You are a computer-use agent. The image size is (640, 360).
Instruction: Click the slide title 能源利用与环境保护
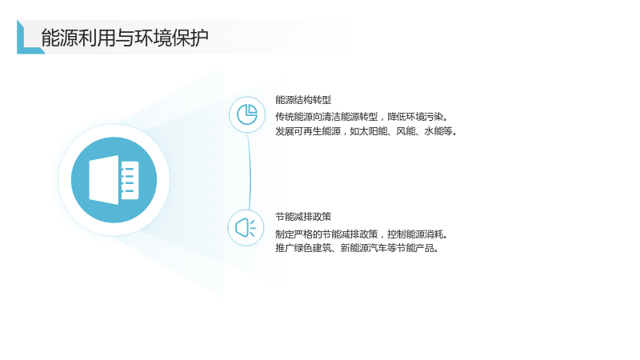[125, 38]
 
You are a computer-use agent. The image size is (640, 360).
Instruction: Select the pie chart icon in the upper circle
[247, 114]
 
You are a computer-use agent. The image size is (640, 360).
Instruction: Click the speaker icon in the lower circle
[246, 227]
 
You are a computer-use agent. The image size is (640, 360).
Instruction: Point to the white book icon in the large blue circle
[114, 179]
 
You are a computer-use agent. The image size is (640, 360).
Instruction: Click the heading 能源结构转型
[303, 99]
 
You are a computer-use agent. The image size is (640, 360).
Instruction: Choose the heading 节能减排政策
[303, 217]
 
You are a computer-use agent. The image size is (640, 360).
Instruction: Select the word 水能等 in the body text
[438, 131]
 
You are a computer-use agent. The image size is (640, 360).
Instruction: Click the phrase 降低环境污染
[415, 117]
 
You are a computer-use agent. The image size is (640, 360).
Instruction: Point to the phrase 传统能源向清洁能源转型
[326, 117]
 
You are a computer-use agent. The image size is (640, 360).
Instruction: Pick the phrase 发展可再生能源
[308, 131]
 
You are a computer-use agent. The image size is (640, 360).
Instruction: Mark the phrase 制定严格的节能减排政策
[326, 234]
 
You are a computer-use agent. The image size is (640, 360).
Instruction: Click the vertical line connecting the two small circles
[250, 171]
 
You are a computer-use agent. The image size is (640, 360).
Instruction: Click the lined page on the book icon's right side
[130, 180]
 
